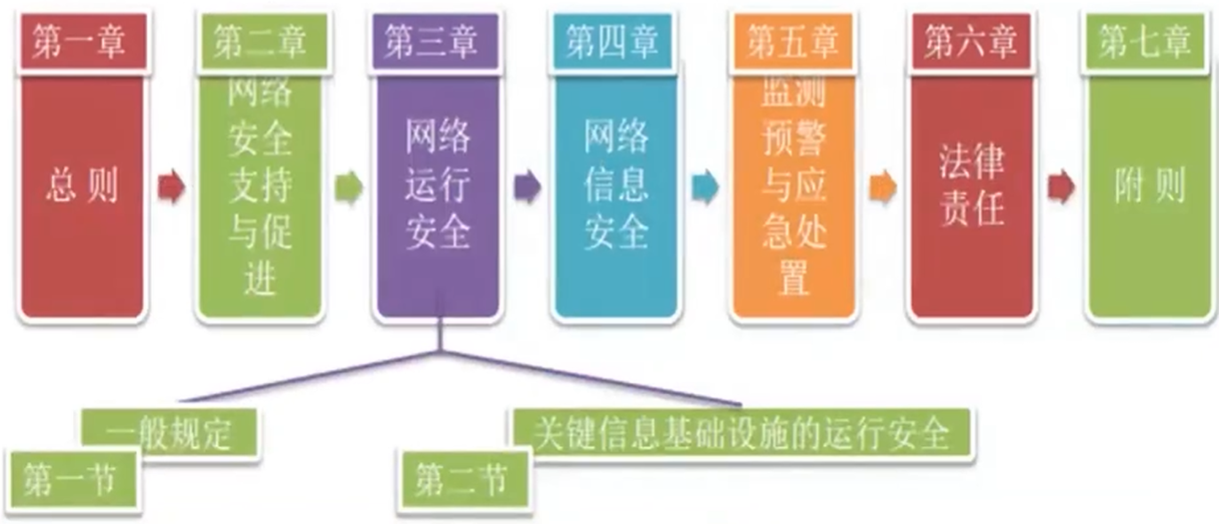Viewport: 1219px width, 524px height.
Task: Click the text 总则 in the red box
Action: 81,188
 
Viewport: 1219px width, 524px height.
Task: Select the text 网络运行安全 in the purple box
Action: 437,187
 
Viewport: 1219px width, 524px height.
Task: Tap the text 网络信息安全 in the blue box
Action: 616,187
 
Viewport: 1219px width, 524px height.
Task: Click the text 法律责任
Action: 972,187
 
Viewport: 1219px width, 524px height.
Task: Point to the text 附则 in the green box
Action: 1150,188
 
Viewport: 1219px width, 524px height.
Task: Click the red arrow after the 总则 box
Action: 171,188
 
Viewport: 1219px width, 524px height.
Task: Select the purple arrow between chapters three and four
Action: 527,188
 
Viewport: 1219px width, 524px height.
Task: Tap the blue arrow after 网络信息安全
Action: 705,188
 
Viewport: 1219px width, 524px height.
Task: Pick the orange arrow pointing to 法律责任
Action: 883,188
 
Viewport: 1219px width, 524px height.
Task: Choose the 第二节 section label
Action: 462,481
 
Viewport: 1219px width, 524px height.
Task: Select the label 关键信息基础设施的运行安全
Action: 741,433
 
